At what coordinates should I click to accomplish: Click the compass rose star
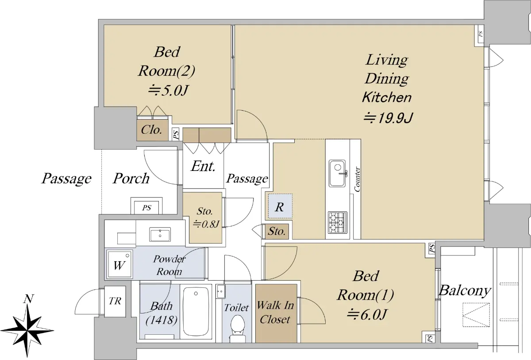(27, 330)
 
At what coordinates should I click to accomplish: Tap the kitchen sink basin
(337, 174)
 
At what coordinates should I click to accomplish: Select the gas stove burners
(338, 222)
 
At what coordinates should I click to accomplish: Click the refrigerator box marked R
(280, 206)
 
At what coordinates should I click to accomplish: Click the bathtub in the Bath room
(196, 312)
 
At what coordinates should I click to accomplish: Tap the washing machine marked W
(119, 264)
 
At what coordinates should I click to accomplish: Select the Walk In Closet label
(275, 312)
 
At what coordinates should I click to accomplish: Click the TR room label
(115, 301)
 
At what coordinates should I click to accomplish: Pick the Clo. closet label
(151, 130)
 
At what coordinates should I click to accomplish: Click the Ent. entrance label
(203, 166)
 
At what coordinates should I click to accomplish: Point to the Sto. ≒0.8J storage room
(205, 217)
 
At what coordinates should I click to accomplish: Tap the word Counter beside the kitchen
(357, 179)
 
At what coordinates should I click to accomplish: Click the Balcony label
(465, 290)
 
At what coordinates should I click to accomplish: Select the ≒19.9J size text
(389, 118)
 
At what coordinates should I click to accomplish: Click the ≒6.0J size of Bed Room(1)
(366, 314)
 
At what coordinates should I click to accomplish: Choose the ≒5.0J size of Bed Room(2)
(168, 90)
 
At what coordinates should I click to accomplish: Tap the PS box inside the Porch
(146, 208)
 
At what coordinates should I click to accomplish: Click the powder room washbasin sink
(160, 234)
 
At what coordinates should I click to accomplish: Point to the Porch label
(131, 178)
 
